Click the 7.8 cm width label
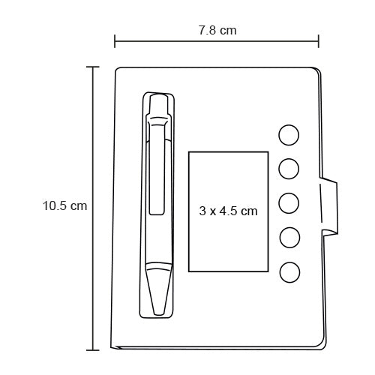tap(217, 30)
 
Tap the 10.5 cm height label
tap(64, 206)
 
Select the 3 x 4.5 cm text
tap(228, 211)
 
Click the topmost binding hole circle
tap(289, 135)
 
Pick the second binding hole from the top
tap(289, 169)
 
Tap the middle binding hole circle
tap(289, 203)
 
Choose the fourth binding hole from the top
tap(289, 238)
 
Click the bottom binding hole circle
tap(289, 272)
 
